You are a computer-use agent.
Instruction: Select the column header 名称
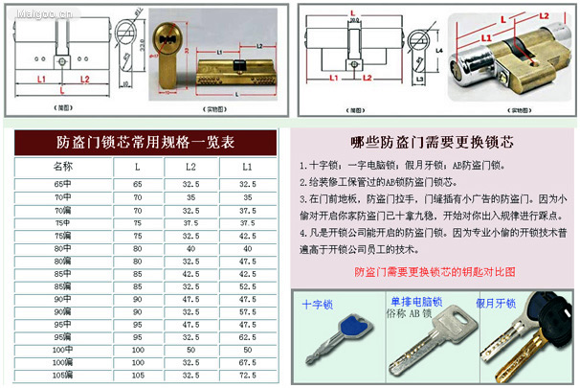point(63,167)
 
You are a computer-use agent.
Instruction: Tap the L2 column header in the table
point(190,167)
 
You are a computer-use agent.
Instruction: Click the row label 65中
point(63,182)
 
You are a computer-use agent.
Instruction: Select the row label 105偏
point(63,377)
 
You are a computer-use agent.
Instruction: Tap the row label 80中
point(63,247)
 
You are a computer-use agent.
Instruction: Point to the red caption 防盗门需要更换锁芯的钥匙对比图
point(435,271)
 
